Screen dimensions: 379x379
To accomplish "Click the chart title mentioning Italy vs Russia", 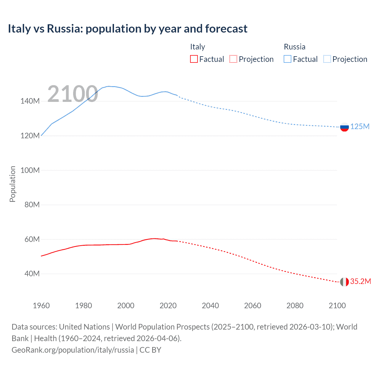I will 127,29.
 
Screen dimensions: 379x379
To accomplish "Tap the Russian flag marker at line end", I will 344,127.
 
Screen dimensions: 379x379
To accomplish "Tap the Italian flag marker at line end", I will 344,282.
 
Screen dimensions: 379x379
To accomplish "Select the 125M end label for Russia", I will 360,127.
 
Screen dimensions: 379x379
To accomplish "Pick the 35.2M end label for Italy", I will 360,282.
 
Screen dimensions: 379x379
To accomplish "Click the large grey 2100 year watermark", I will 73,94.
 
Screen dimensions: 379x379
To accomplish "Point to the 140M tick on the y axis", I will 30,101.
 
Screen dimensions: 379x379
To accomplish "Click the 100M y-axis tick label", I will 30,170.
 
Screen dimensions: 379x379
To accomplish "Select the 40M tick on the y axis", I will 32,274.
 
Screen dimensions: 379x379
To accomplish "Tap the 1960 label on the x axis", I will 41,306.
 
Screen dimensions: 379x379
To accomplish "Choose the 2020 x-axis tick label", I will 168,306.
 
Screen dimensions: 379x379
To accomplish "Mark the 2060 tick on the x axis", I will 253,306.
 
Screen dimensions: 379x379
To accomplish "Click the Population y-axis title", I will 12,184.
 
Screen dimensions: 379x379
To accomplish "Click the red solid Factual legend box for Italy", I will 194,59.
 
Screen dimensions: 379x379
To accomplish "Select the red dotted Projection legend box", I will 233,59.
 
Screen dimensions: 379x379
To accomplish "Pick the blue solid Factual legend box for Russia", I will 288,59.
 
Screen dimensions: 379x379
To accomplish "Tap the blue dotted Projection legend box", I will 327,59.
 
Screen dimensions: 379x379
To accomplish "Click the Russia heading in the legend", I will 294,47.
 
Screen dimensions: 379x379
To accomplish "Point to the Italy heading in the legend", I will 197,47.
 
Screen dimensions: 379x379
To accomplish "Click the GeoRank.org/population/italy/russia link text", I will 73,350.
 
